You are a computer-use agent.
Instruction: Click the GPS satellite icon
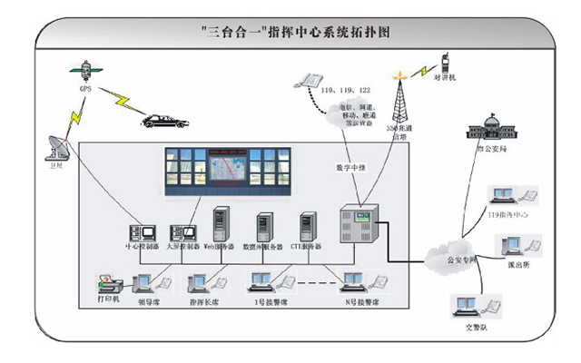[84, 70]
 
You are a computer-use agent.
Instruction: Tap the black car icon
[163, 120]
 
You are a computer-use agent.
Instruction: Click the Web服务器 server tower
[219, 225]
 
